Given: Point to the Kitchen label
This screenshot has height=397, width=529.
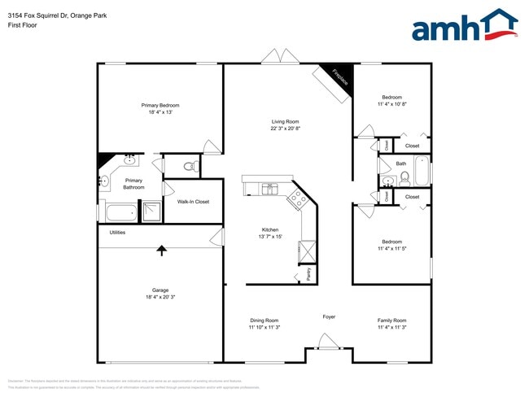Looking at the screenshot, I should pos(270,229).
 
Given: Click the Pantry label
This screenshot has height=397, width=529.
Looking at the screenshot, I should pos(308,274).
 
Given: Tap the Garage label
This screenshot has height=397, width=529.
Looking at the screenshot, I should pos(160,290).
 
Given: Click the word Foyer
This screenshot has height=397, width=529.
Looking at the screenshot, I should pos(329,316).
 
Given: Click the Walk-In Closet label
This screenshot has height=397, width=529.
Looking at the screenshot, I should pos(193,202).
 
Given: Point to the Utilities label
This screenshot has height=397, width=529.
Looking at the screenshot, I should pos(117,232).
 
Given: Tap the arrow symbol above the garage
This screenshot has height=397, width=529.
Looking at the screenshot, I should pos(161,251).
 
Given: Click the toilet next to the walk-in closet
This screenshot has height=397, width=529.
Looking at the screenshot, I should pos(190,167).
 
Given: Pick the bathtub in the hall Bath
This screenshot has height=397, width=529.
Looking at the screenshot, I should pos(422,172).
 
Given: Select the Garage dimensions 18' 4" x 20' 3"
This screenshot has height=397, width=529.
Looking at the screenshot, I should pos(160,298).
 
